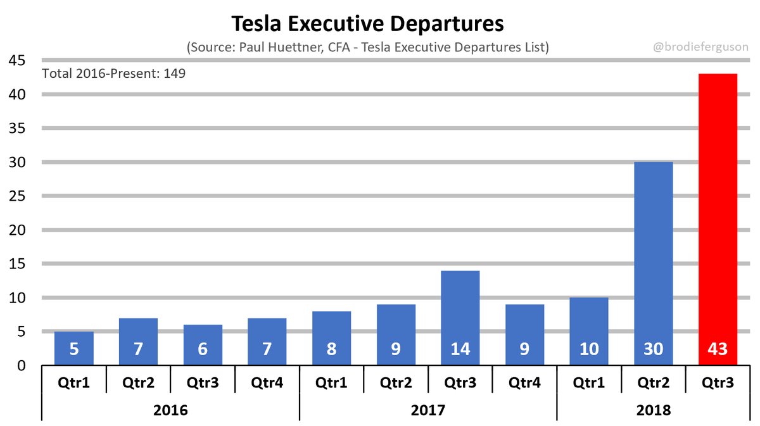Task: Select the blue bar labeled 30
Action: pyautogui.click(x=653, y=253)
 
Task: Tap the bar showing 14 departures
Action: pyautogui.click(x=460, y=310)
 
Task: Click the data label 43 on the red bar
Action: pyautogui.click(x=718, y=349)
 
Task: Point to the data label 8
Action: pyautogui.click(x=331, y=349)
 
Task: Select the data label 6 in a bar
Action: pyautogui.click(x=203, y=349)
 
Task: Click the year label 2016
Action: pyautogui.click(x=170, y=410)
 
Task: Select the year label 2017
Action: pyautogui.click(x=428, y=410)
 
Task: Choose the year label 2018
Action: pyautogui.click(x=653, y=410)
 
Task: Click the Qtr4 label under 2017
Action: pyautogui.click(x=524, y=382)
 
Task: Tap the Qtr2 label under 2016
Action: pyautogui.click(x=138, y=382)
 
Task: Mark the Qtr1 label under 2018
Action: pyautogui.click(x=588, y=382)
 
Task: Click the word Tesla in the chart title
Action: pyautogui.click(x=256, y=23)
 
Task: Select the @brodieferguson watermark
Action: pyautogui.click(x=700, y=47)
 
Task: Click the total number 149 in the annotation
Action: pyautogui.click(x=174, y=73)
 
